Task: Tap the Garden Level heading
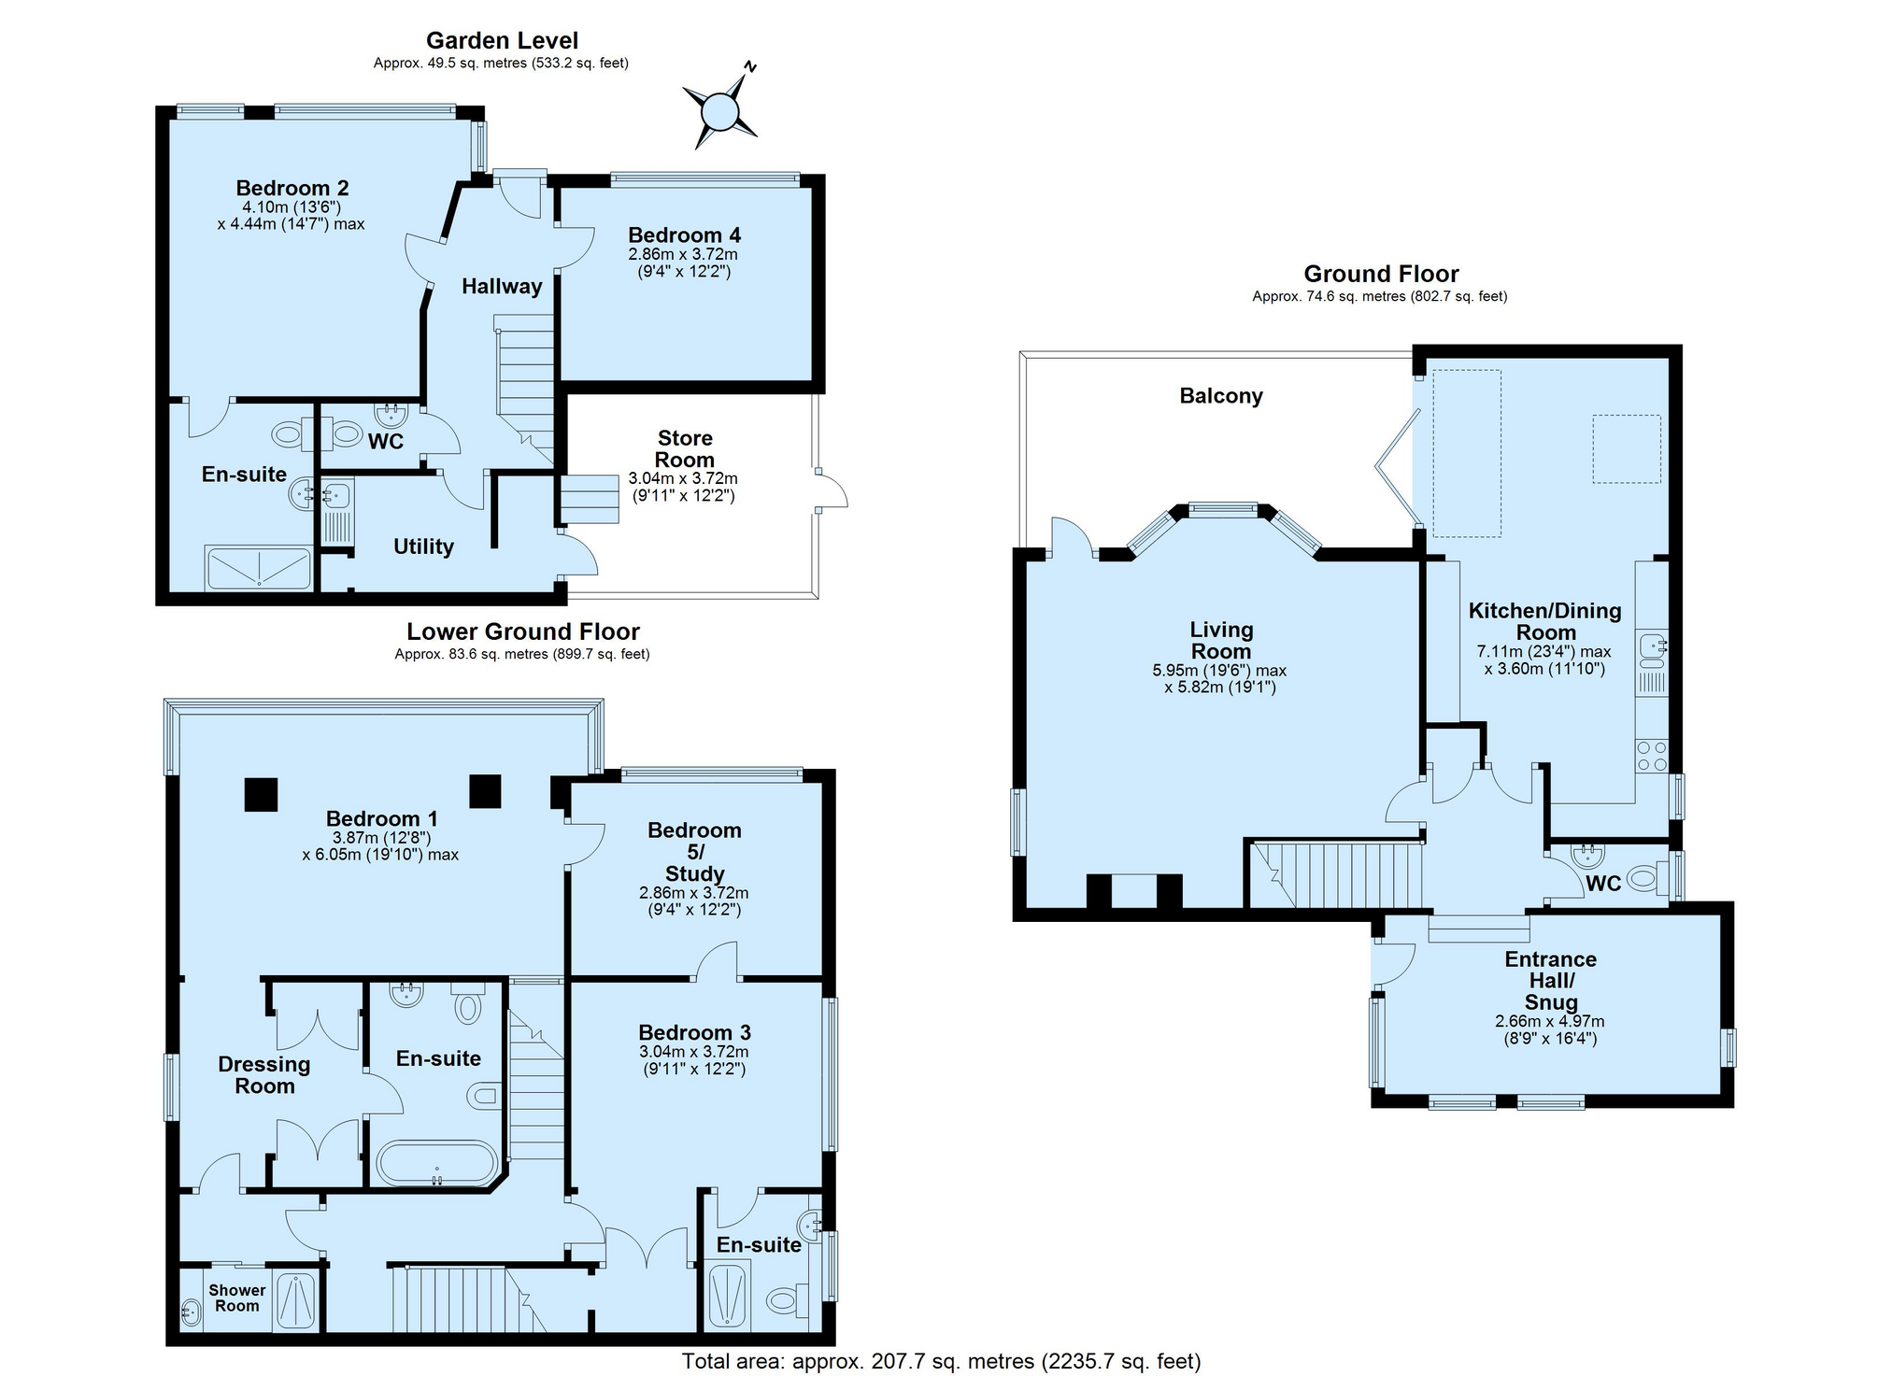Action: point(502,40)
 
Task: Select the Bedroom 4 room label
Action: point(684,235)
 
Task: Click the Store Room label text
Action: point(685,449)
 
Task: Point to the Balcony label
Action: point(1220,396)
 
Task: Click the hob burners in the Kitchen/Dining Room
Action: point(1651,756)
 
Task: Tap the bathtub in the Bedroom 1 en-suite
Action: point(436,1164)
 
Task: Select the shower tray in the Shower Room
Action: point(295,1301)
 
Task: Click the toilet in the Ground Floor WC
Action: point(1646,879)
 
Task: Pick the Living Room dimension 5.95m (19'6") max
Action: point(1219,671)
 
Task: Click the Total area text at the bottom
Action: point(941,1361)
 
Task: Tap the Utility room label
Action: point(423,546)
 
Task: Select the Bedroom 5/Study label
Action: point(694,852)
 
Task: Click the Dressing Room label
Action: point(264,1075)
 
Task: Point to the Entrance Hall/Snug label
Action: point(1550,981)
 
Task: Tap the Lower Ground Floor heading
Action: point(522,632)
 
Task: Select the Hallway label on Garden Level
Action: point(502,287)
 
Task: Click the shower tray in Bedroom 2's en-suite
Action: point(258,568)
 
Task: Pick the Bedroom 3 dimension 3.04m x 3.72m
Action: point(693,1052)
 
